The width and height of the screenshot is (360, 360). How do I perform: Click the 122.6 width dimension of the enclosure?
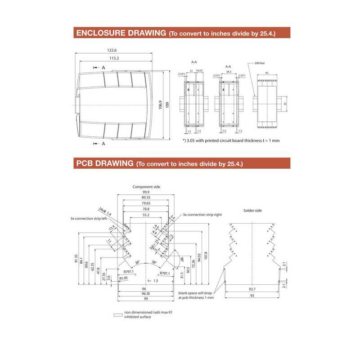pos(112,50)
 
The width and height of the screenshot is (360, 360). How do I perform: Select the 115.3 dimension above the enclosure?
pos(113,58)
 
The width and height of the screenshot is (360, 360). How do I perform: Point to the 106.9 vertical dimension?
pos(161,105)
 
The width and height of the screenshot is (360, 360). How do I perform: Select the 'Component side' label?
pos(146,186)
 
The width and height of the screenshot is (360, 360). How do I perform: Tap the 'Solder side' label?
pos(252,210)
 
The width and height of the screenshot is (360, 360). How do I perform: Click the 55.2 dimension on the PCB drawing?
pos(146,216)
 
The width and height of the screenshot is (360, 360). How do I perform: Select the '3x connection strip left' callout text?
pos(88,218)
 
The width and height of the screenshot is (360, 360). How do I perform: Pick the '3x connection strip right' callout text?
pos(202,215)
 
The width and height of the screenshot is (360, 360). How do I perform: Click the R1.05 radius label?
pos(124,279)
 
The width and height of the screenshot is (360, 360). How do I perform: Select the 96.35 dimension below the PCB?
pos(145,293)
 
